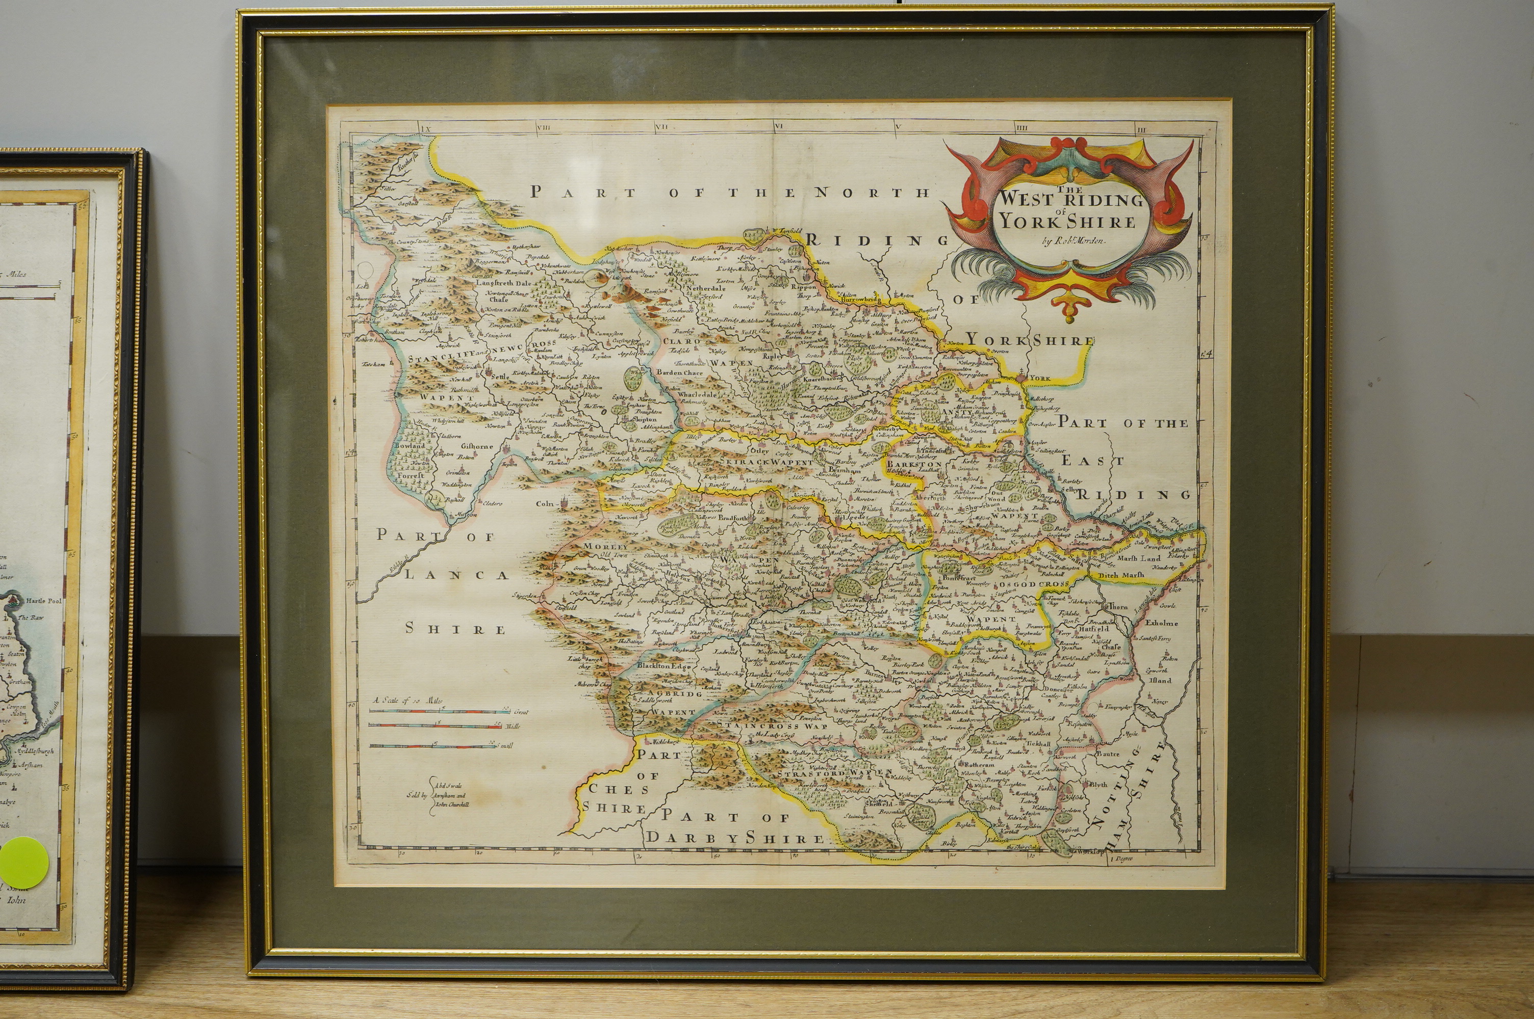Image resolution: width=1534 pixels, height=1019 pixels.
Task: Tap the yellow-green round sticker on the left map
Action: coord(23,860)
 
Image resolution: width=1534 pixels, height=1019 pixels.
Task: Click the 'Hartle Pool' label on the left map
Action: coord(43,601)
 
